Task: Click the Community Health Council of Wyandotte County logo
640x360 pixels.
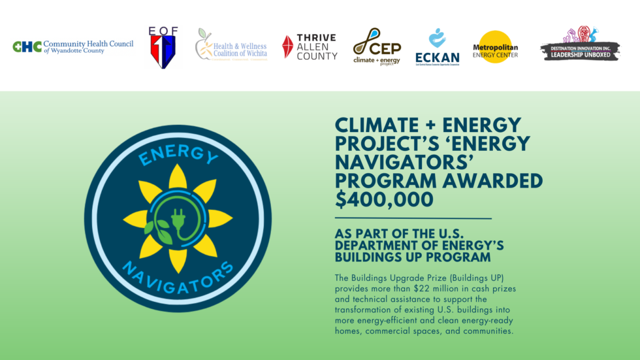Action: pos(73,46)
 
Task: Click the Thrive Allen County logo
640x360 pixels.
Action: pos(310,47)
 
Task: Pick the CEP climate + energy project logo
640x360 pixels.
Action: pos(377,46)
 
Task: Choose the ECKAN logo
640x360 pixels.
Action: pos(437,47)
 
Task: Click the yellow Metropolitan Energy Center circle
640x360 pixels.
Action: pos(495,47)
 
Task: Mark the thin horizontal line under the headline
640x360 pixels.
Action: pos(413,218)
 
